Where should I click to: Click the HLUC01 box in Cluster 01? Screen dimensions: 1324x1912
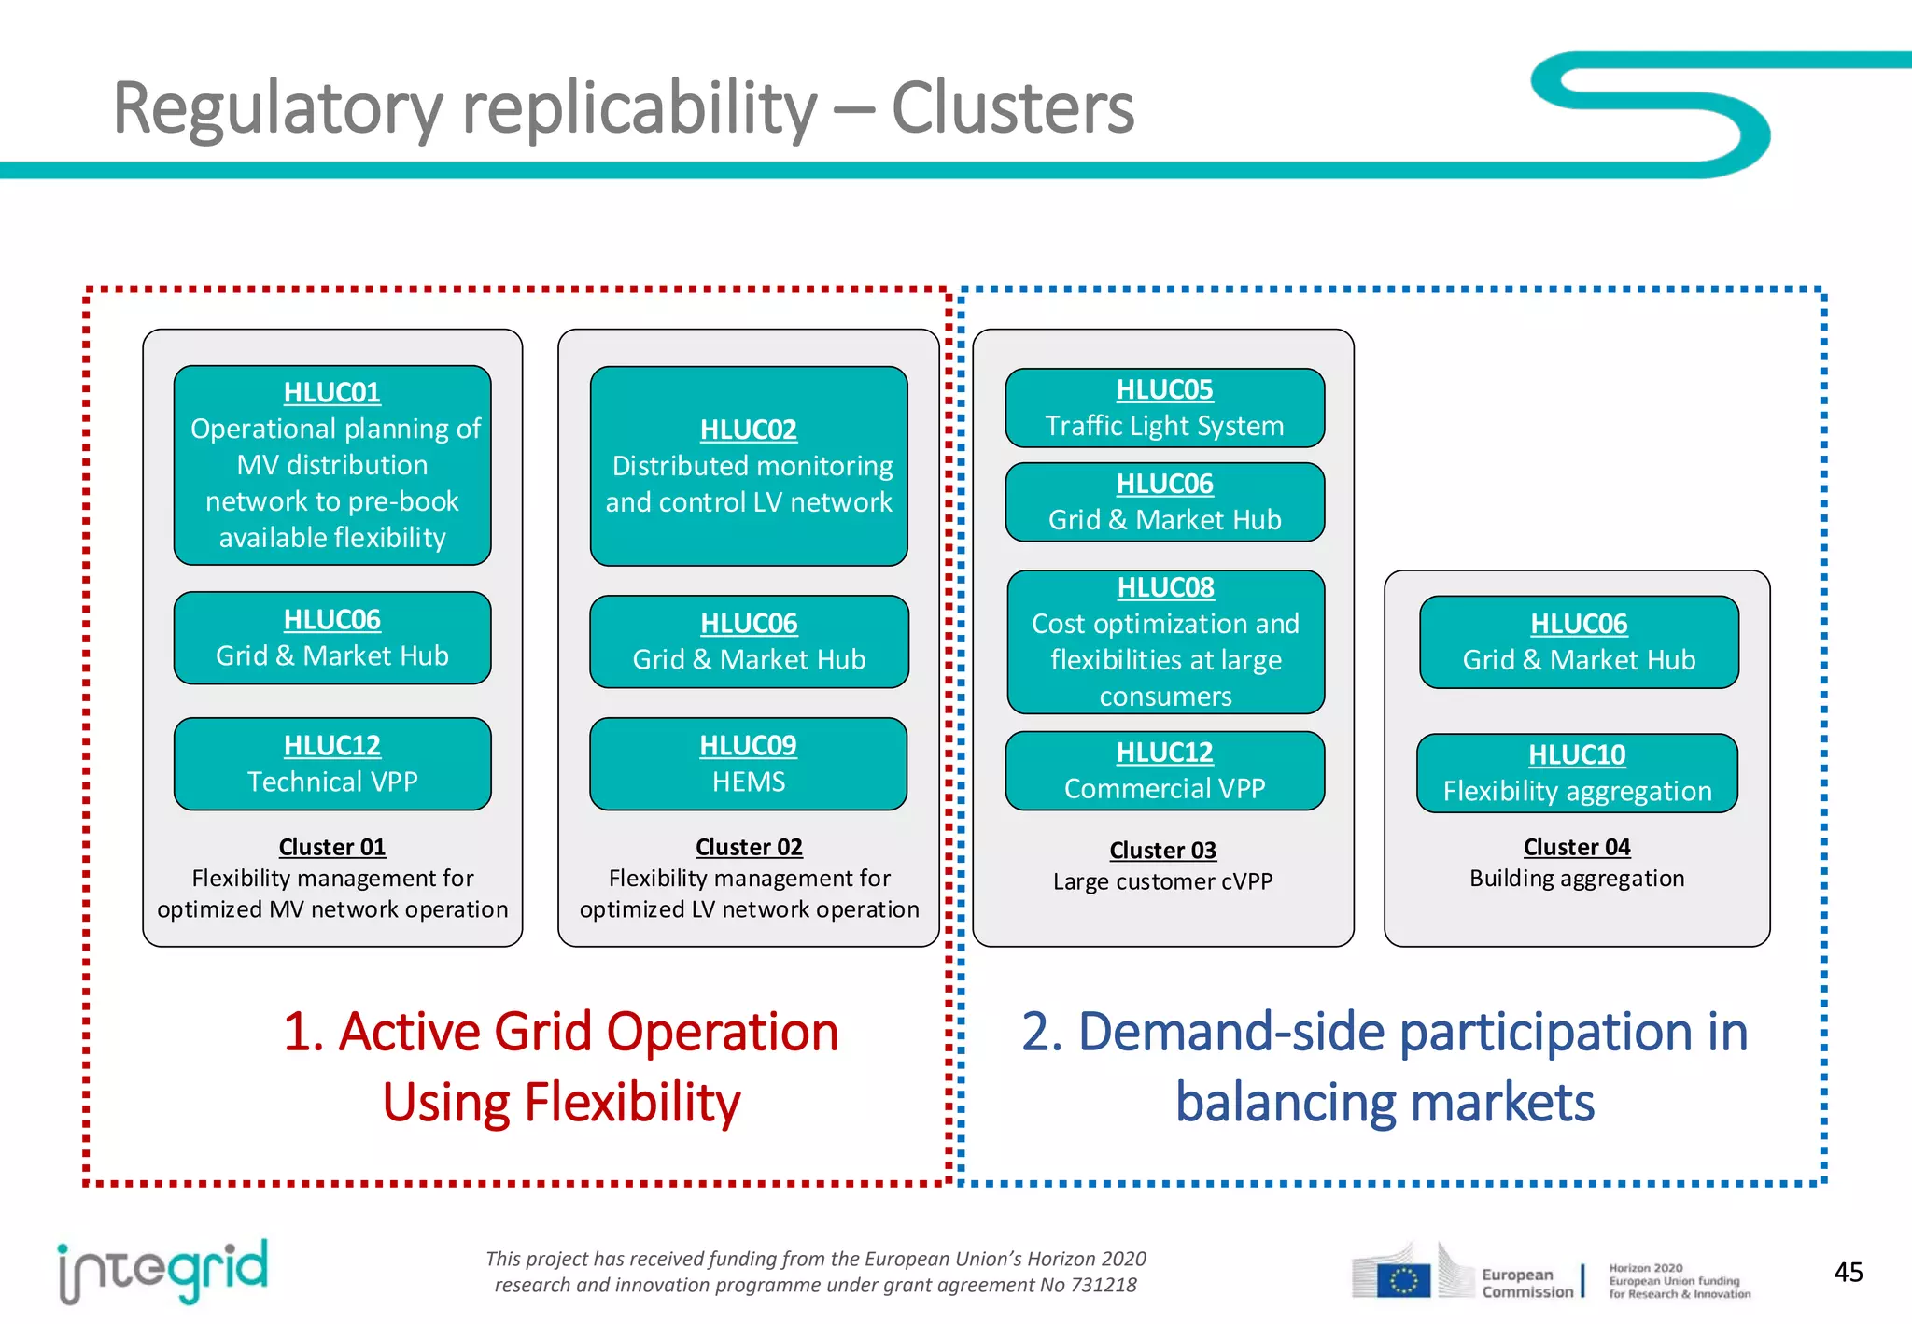[x=332, y=465]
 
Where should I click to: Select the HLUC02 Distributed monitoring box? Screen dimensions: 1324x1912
[x=749, y=466]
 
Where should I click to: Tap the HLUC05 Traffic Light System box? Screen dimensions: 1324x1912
[x=1164, y=408]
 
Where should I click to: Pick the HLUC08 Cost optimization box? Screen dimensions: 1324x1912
[x=1165, y=642]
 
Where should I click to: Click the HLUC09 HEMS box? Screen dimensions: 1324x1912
[x=749, y=764]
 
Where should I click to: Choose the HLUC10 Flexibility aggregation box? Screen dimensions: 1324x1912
[x=1577, y=773]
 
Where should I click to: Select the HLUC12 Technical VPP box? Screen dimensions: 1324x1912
[x=332, y=764]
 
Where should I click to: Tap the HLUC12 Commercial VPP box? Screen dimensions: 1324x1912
[x=1164, y=771]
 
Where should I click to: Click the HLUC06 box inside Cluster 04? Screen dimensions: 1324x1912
[x=1579, y=642]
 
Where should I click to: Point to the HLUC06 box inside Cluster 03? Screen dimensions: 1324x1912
[x=1164, y=502]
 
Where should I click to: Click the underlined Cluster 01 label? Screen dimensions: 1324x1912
[x=332, y=847]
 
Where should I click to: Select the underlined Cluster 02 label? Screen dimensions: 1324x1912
[x=749, y=847]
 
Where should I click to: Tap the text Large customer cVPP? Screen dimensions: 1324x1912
[x=1162, y=881]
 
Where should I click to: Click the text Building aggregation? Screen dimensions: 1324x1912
[x=1577, y=879]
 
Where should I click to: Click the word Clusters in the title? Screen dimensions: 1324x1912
[x=1012, y=108]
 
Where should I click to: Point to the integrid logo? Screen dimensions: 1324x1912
[x=162, y=1271]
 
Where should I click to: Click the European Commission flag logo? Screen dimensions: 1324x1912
[x=1403, y=1279]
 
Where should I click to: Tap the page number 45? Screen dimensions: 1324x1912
[x=1848, y=1272]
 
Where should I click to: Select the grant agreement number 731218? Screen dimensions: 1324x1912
[x=1103, y=1285]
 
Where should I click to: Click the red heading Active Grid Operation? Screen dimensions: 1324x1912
[x=560, y=1033]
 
